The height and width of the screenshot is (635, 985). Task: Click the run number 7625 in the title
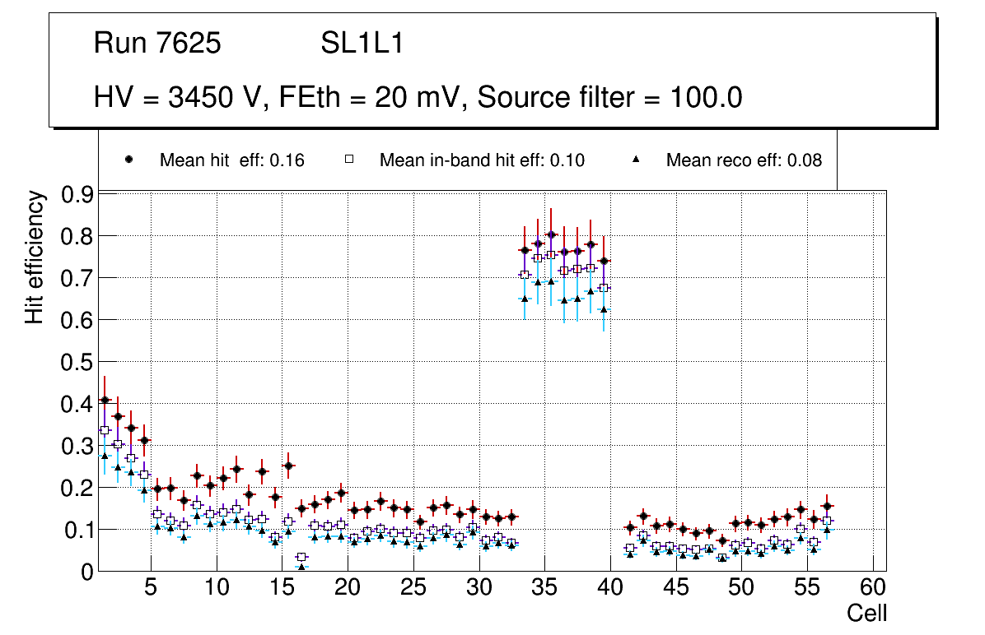[x=189, y=44]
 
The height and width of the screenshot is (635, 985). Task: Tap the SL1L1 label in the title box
[x=362, y=44]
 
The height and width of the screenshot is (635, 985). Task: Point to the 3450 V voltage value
[x=217, y=98]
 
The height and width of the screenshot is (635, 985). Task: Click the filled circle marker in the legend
[x=128, y=160]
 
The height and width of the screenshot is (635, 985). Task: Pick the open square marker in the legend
[x=348, y=160]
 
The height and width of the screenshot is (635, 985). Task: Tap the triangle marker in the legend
[x=635, y=160]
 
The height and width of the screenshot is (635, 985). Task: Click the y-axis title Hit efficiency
[x=35, y=257]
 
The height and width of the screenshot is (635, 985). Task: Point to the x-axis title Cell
[x=867, y=613]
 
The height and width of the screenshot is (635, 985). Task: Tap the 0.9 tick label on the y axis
[x=78, y=194]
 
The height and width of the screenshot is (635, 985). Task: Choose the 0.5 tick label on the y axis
[x=78, y=362]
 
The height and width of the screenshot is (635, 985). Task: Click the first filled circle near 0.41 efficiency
[x=105, y=400]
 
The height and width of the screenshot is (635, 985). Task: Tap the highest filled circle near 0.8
[x=551, y=234]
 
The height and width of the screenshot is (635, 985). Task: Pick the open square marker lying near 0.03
[x=301, y=557]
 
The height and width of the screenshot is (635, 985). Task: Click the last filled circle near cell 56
[x=828, y=506]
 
